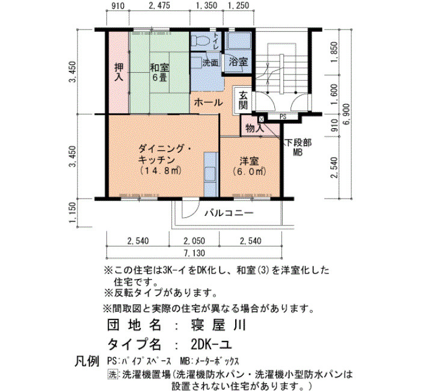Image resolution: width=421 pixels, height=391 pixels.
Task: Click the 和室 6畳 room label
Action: [x=159, y=72]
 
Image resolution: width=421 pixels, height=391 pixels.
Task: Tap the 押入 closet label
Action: [x=118, y=72]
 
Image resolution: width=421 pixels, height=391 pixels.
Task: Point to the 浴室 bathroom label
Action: [x=238, y=62]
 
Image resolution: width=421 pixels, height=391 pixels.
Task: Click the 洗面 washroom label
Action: [x=210, y=63]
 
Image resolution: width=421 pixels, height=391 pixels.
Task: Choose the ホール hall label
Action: [x=208, y=103]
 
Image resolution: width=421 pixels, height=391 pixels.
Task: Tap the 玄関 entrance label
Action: [x=243, y=100]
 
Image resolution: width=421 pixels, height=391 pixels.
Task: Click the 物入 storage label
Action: [x=255, y=128]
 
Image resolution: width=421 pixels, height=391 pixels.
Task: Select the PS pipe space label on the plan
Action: [x=283, y=117]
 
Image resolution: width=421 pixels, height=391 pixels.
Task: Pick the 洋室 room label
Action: [x=249, y=161]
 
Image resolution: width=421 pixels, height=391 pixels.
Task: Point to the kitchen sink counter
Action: [x=210, y=174]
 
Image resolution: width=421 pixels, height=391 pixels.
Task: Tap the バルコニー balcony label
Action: [x=229, y=214]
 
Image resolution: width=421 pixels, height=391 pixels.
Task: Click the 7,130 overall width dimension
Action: [x=194, y=253]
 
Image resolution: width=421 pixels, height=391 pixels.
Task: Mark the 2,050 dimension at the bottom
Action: [x=194, y=241]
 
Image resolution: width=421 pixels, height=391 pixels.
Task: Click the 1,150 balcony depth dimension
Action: [x=73, y=213]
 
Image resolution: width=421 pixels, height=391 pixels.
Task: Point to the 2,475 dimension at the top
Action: [x=159, y=5]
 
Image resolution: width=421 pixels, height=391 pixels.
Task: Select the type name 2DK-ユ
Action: [x=211, y=345]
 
